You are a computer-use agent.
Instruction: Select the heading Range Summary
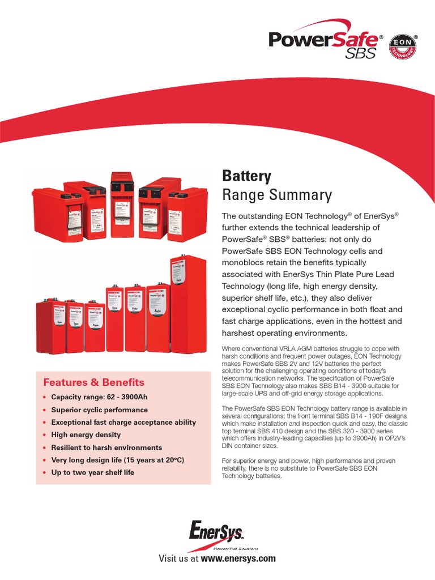(x=276, y=195)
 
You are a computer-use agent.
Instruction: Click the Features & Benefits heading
(x=94, y=382)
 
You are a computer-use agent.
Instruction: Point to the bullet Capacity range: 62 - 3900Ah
(x=99, y=396)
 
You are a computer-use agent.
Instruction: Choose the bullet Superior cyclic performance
(x=99, y=410)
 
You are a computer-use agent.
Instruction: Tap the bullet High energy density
(x=86, y=434)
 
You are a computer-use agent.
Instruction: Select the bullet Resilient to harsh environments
(x=106, y=447)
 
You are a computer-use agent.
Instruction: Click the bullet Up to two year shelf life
(x=92, y=472)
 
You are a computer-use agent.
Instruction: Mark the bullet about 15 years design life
(x=118, y=460)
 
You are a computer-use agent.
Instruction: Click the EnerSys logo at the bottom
(x=217, y=532)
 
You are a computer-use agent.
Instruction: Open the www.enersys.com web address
(x=238, y=558)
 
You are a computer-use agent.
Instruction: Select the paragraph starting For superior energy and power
(x=309, y=469)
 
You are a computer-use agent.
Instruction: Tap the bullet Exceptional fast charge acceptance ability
(x=123, y=422)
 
